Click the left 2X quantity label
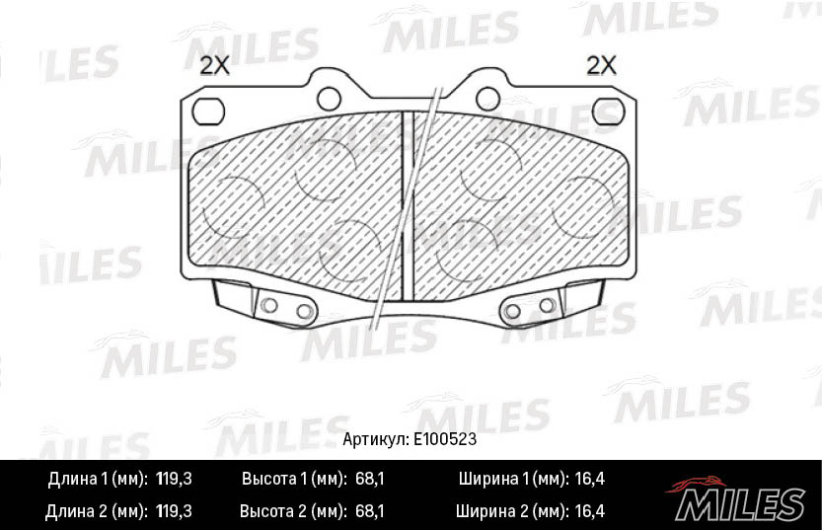coord(214,66)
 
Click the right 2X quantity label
coord(601,66)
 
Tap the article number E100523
coord(445,439)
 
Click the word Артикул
coord(375,439)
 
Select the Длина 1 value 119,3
coord(174,479)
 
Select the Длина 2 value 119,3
coord(174,511)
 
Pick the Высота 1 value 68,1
coord(370,479)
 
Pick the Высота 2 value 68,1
coord(370,511)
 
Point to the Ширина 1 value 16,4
coord(589,479)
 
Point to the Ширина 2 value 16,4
coord(589,511)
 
